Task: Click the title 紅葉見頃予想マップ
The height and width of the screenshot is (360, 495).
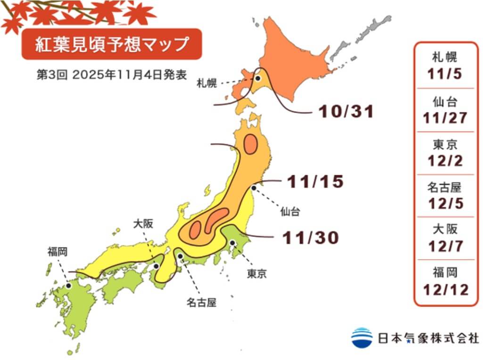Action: pyautogui.click(x=112, y=44)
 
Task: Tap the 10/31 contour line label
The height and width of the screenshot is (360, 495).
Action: pyautogui.click(x=346, y=112)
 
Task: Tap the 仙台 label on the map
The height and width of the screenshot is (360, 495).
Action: pyautogui.click(x=290, y=212)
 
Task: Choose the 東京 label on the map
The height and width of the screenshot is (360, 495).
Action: pyautogui.click(x=256, y=274)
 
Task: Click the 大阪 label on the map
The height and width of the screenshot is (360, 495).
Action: pyautogui.click(x=142, y=224)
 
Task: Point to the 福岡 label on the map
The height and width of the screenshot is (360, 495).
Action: pyautogui.click(x=57, y=252)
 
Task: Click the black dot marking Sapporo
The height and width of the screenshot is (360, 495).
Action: pyautogui.click(x=258, y=79)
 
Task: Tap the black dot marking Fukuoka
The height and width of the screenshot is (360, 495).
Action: pyautogui.click(x=69, y=285)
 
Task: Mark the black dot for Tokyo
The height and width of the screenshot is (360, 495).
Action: pyautogui.click(x=232, y=243)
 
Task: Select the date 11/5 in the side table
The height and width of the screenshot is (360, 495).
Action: pyautogui.click(x=445, y=74)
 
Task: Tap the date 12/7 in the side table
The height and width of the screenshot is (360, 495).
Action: pyautogui.click(x=445, y=246)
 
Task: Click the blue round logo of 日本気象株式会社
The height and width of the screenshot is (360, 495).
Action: pyautogui.click(x=362, y=337)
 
